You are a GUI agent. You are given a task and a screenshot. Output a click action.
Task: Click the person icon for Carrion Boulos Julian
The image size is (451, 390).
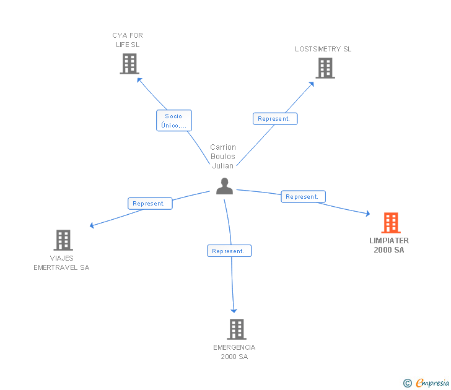coord(224,186)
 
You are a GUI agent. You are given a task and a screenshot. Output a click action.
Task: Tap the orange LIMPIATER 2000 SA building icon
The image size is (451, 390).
coord(390,223)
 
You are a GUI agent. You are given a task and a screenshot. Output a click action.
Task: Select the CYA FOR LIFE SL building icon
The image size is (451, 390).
coord(129,64)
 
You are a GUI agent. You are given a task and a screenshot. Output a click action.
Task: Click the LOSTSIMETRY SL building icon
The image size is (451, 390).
coord(325,68)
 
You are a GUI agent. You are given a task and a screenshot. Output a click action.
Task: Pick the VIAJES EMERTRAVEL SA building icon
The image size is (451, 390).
coord(63,240)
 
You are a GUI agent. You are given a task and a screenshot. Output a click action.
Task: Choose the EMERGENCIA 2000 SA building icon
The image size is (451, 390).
coord(237,329)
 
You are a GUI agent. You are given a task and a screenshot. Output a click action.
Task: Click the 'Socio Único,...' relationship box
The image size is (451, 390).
coord(173,120)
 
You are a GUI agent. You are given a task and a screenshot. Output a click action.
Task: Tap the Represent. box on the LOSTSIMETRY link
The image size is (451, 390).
coord(275,118)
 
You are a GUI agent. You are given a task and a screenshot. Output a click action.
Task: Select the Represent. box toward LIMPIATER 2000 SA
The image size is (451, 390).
coord(303,197)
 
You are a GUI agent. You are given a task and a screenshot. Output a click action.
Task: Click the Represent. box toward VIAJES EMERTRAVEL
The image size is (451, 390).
coord(149,203)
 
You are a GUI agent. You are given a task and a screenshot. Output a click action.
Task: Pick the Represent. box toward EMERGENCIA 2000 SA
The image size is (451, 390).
coord(229,251)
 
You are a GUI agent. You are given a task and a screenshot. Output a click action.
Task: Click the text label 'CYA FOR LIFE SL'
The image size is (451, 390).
coord(128,40)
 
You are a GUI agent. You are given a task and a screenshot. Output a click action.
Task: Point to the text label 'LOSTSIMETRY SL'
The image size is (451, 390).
coord(323,49)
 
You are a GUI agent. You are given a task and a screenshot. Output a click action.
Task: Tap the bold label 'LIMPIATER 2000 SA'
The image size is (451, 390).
coord(389,245)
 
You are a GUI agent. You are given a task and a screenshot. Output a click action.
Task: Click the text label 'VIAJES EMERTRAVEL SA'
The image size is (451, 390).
coord(61,262)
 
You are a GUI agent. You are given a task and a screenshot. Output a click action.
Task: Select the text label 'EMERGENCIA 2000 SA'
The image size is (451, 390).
coord(234,352)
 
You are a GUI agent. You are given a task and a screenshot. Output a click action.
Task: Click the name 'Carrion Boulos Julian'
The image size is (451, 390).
coord(223,156)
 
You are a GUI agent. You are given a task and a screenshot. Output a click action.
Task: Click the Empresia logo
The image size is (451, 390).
coord(432,383)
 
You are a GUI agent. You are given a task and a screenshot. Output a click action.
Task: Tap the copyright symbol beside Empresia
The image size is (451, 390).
coord(407,383)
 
